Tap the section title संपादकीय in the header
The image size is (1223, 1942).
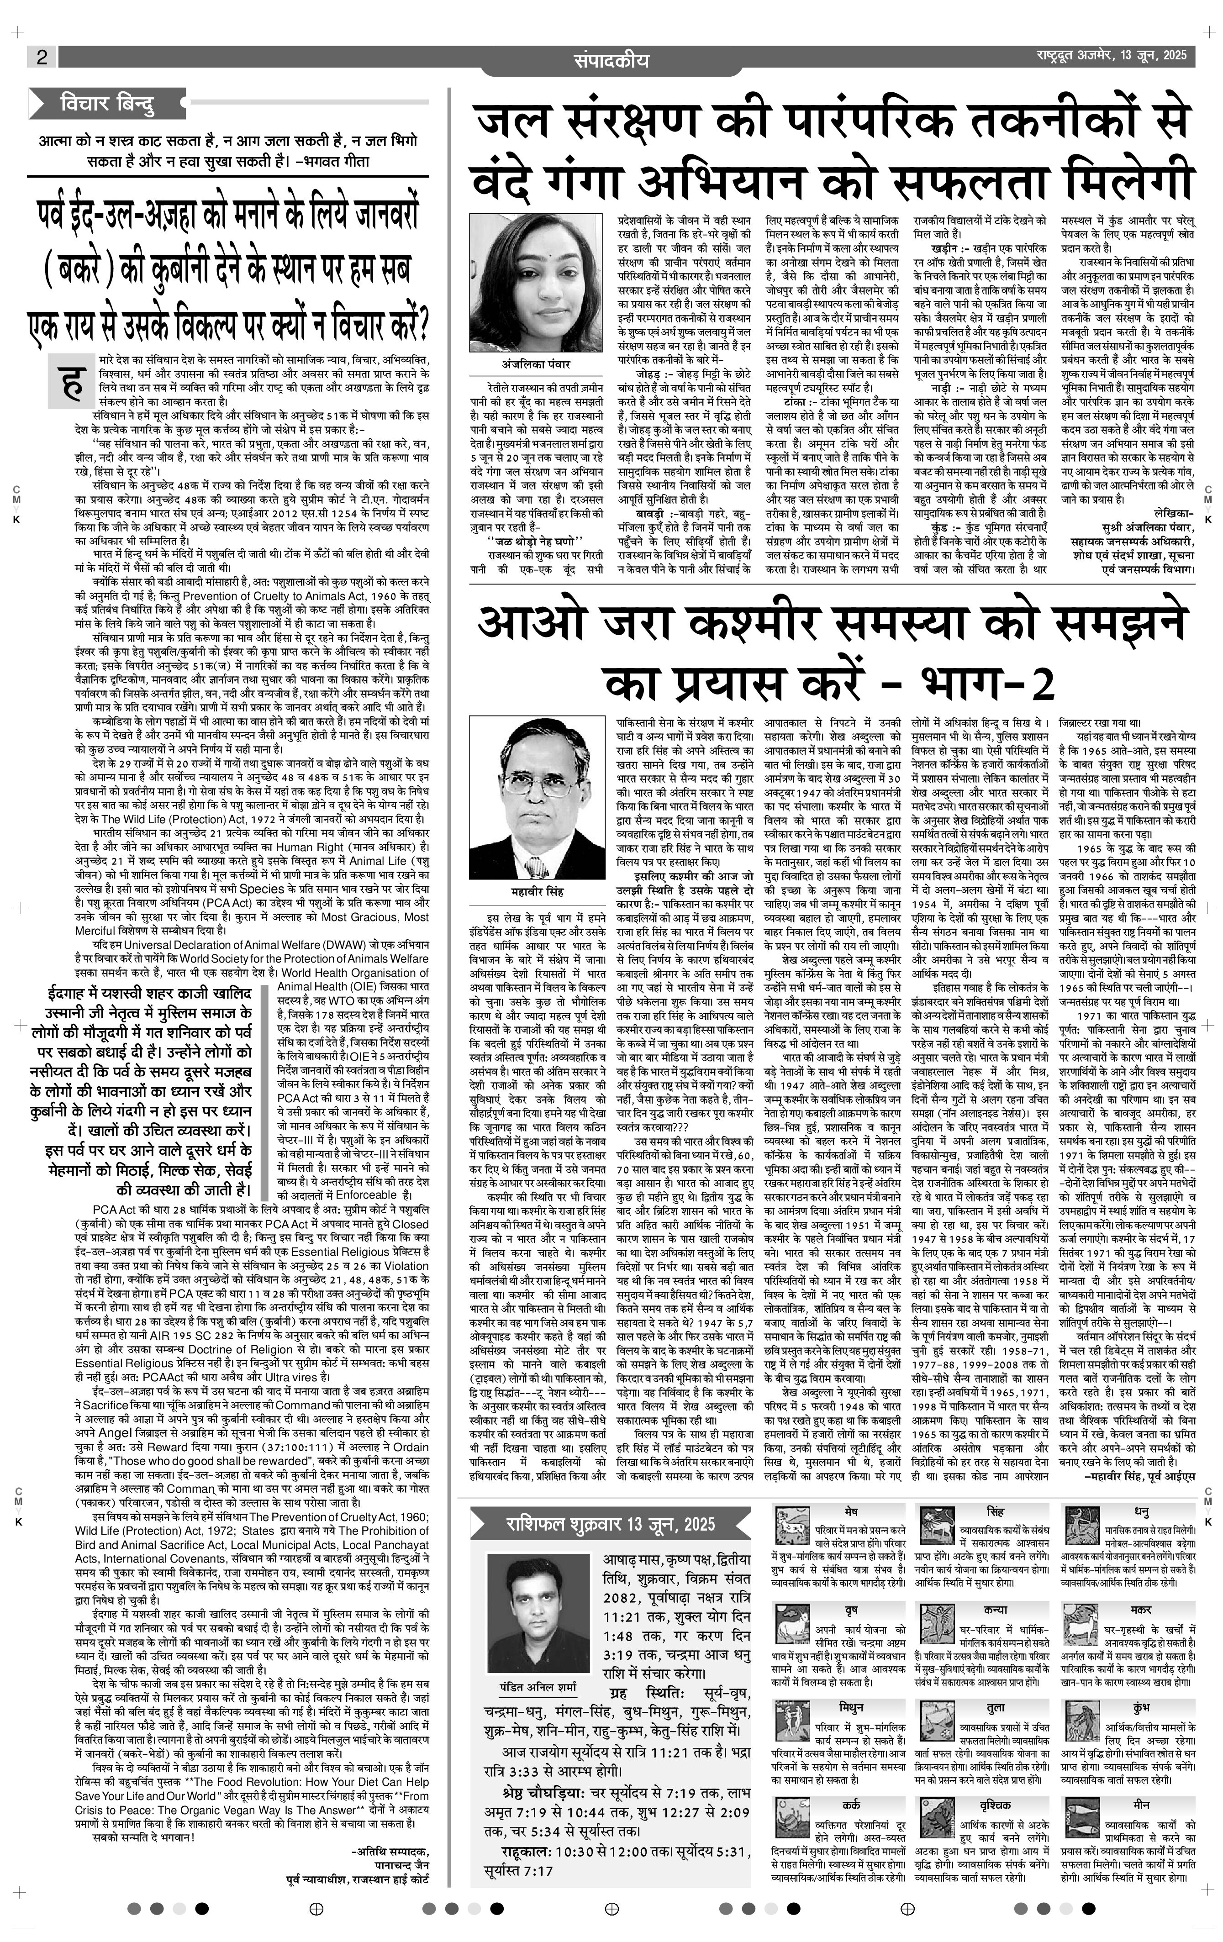click(611, 60)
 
